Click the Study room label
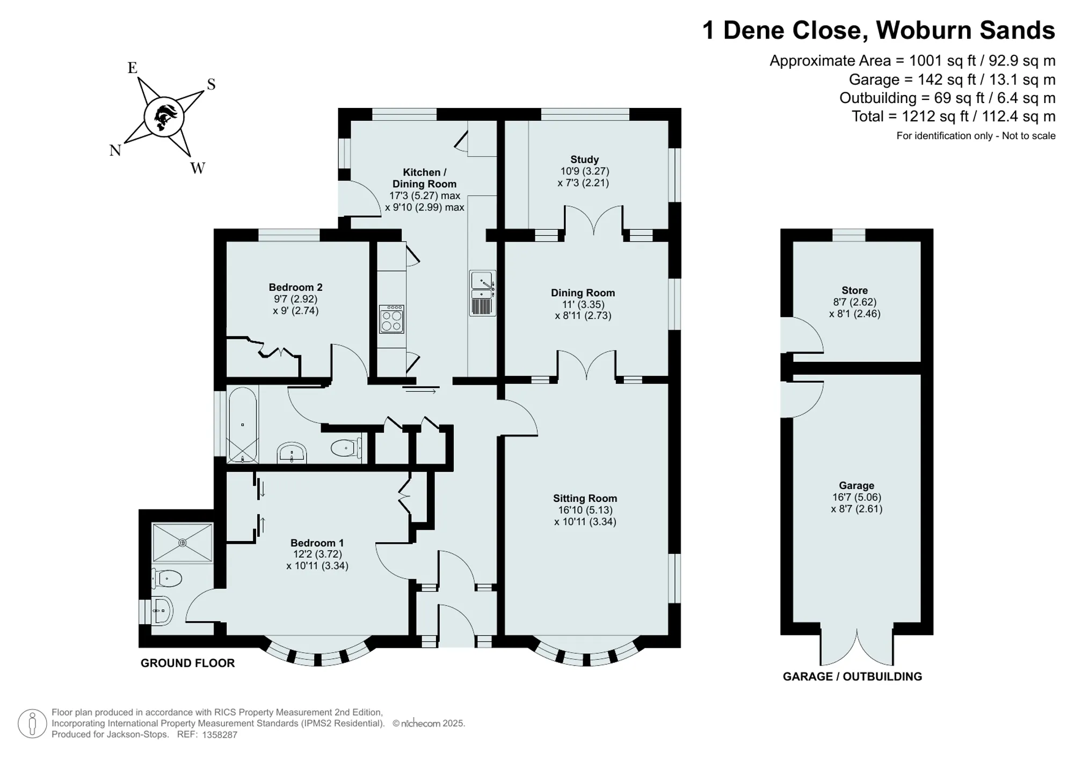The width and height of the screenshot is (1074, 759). [x=584, y=159]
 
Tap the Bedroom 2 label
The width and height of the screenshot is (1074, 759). [x=295, y=287]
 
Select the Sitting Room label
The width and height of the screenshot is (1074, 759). [x=585, y=498]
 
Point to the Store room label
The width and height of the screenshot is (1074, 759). [x=854, y=290]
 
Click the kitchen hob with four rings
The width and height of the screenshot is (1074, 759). [x=391, y=319]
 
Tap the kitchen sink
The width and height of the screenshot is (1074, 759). [x=482, y=293]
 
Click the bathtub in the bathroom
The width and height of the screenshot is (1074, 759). [x=243, y=425]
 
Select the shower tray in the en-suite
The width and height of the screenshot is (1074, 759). [x=183, y=543]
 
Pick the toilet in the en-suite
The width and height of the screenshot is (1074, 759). [x=166, y=578]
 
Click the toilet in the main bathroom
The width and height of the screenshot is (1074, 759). [x=346, y=448]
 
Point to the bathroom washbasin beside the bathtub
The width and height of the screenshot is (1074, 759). [x=292, y=453]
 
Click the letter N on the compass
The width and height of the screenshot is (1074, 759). [x=115, y=151]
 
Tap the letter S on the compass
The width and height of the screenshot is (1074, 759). [x=211, y=84]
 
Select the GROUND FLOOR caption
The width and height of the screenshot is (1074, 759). [x=187, y=663]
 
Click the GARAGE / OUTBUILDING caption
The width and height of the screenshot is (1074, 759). [x=852, y=676]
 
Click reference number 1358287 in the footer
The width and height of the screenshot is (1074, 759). [x=220, y=735]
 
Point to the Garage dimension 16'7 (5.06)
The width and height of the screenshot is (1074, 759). [x=857, y=497]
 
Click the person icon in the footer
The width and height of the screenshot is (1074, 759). [x=32, y=723]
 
